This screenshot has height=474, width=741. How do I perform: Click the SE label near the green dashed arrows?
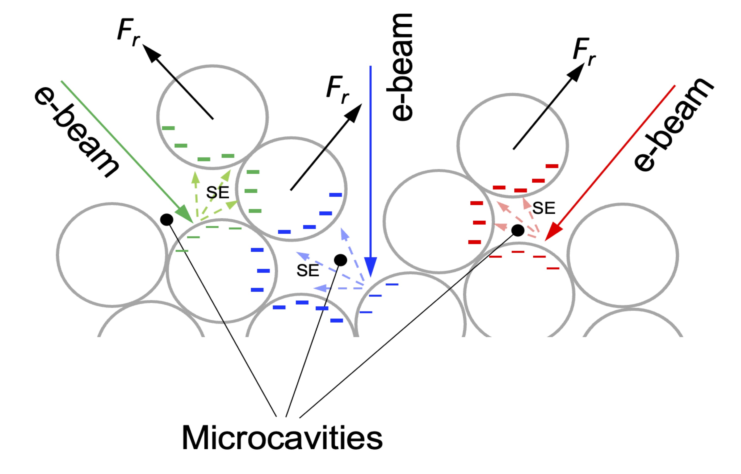pos(217,193)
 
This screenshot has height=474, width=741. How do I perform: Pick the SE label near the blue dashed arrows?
pos(308,271)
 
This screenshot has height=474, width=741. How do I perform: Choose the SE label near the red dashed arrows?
pos(543,209)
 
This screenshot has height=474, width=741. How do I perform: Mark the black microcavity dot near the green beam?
pos(167,220)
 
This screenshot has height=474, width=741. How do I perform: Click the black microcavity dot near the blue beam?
pos(340,260)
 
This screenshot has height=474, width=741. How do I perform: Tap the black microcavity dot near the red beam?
pos(518,230)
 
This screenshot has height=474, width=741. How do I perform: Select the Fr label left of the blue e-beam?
pos(337,89)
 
